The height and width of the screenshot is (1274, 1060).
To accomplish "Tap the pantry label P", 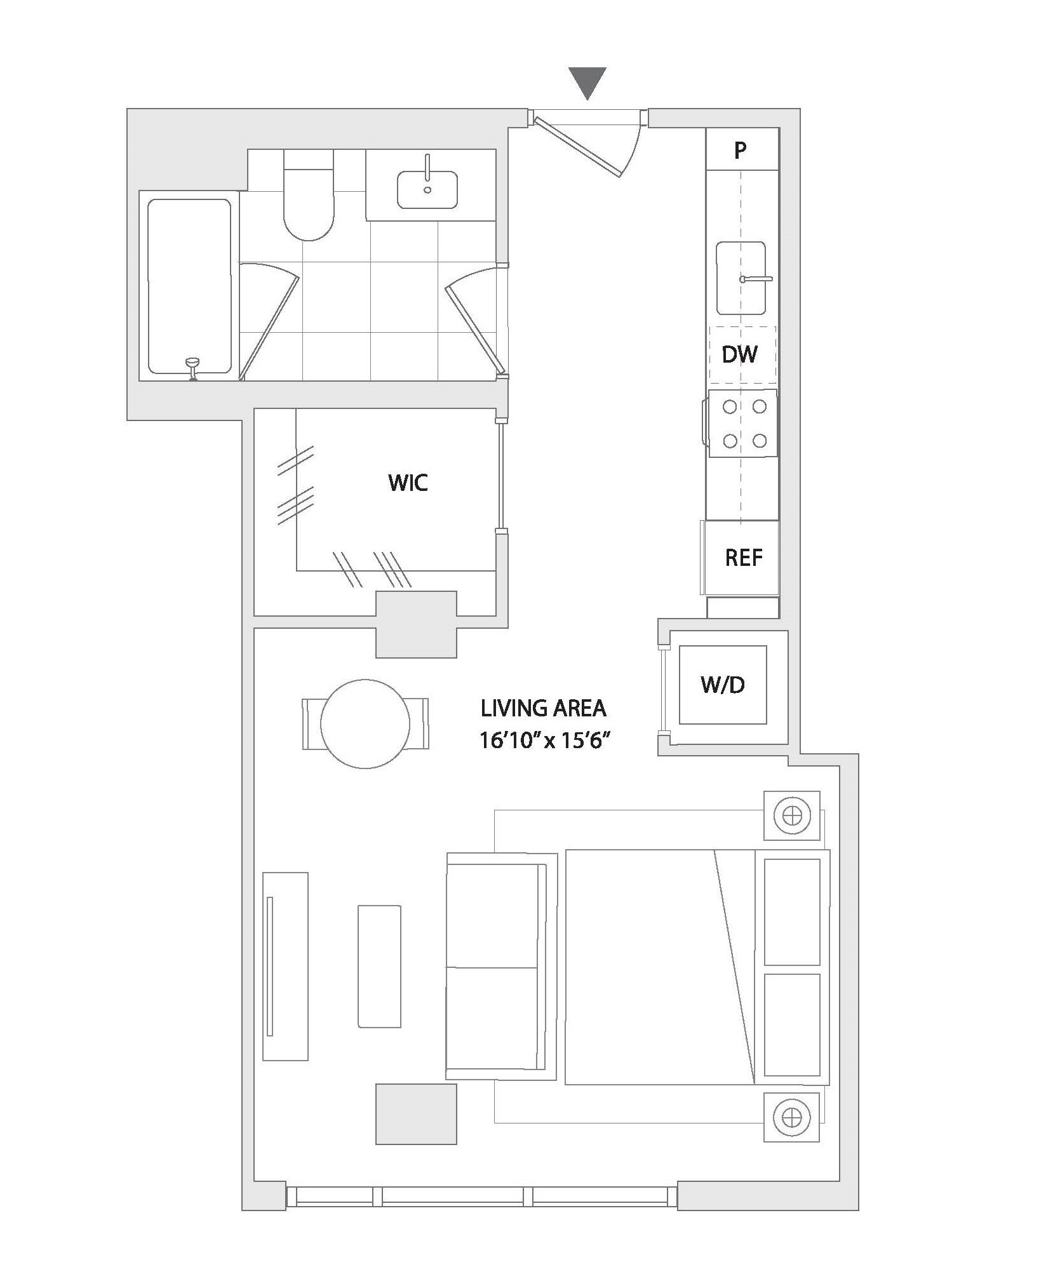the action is (x=740, y=151).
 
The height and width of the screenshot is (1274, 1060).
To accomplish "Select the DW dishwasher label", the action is (x=740, y=354).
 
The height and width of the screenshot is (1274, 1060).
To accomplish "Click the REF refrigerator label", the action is (x=744, y=558).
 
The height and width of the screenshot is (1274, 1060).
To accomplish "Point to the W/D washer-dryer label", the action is (x=723, y=685).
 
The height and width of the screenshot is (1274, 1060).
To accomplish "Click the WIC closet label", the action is (x=408, y=483).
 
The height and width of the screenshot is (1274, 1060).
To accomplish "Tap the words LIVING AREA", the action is (x=544, y=707).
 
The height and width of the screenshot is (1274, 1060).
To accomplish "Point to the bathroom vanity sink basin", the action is (x=427, y=189).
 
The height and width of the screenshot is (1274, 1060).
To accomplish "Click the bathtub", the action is (x=189, y=286).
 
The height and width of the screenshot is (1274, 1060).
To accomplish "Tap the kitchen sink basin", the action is (x=741, y=278).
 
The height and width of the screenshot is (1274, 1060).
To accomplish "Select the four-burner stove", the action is (x=742, y=423).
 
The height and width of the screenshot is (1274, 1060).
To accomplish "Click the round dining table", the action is (x=365, y=724).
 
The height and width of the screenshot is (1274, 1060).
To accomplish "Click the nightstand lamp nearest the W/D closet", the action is (x=792, y=815).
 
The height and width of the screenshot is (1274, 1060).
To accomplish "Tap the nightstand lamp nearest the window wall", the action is (x=792, y=1117).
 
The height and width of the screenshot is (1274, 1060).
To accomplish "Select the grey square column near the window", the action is (x=416, y=1114).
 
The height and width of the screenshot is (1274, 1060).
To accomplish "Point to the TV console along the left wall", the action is (x=285, y=966).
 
